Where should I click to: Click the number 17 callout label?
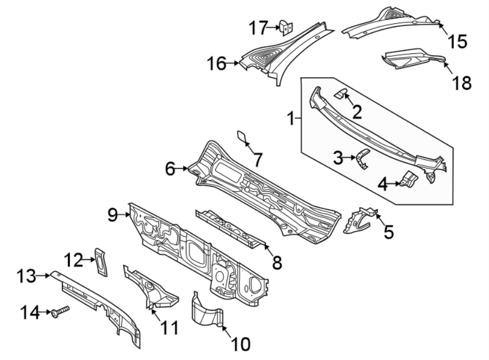coord(258,26)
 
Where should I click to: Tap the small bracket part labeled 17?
coord(286,27)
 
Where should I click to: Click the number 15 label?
coord(457,41)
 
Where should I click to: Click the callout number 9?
coord(112,215)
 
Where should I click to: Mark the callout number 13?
coord(26,276)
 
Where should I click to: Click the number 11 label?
coord(169,328)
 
